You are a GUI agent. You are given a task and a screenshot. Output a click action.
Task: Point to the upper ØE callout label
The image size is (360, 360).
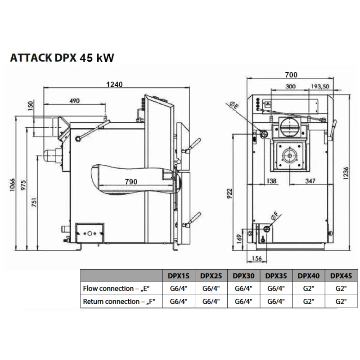coord(234,106)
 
